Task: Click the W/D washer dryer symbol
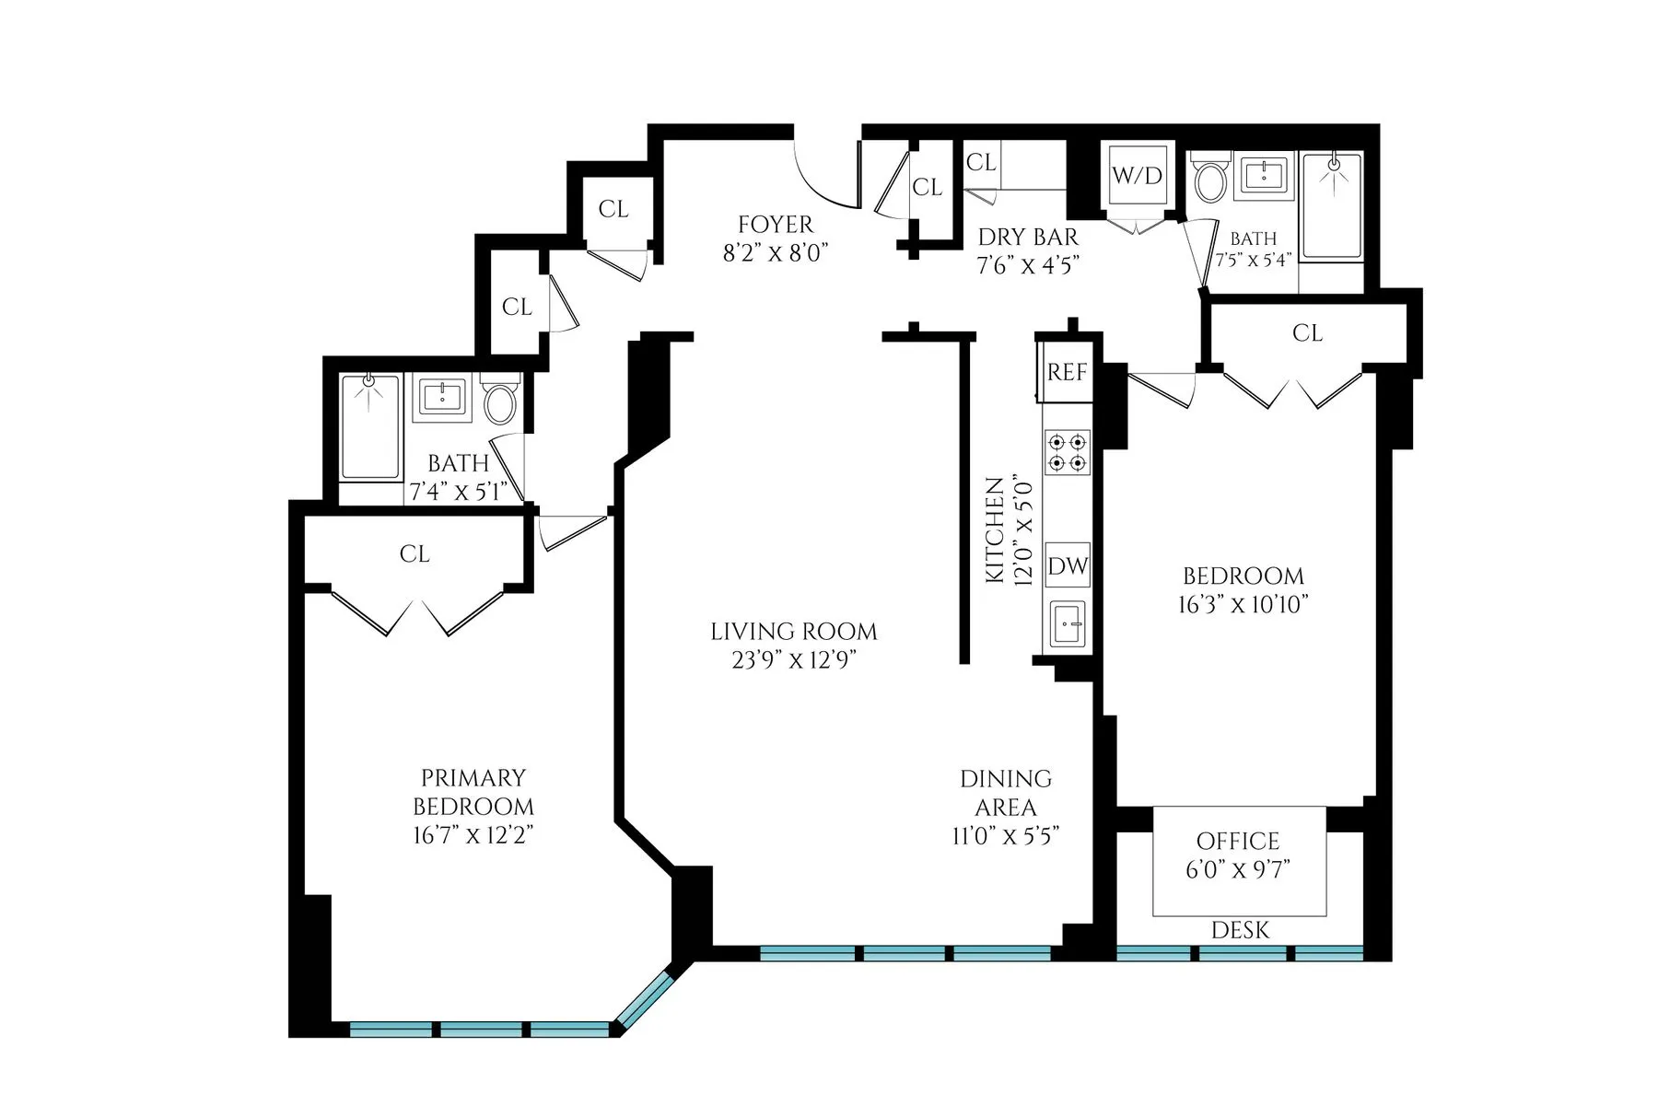pyautogui.click(x=1138, y=176)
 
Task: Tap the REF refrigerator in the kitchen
pyautogui.click(x=1067, y=372)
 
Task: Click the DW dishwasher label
pyautogui.click(x=1068, y=565)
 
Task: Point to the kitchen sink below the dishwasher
pyautogui.click(x=1068, y=626)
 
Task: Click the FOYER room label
pyautogui.click(x=776, y=225)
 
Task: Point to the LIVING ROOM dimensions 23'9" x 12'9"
pyautogui.click(x=794, y=660)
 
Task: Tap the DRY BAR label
pyautogui.click(x=1027, y=237)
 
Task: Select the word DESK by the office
pyautogui.click(x=1240, y=930)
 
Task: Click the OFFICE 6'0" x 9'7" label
pyautogui.click(x=1238, y=855)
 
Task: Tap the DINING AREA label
pyautogui.click(x=1006, y=793)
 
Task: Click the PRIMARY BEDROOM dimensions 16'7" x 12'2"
pyautogui.click(x=473, y=836)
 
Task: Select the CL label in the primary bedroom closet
pyautogui.click(x=414, y=553)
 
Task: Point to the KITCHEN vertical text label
pyautogui.click(x=995, y=529)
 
